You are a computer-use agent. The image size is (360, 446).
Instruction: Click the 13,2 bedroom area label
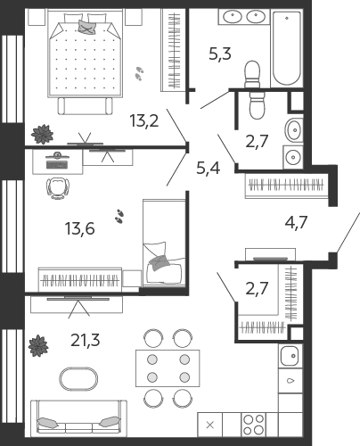click(x=144, y=121)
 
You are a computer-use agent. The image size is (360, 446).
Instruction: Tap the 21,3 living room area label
click(x=86, y=340)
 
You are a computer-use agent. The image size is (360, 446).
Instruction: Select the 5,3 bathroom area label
click(x=220, y=54)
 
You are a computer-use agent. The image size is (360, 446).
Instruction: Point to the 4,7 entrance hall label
click(x=296, y=222)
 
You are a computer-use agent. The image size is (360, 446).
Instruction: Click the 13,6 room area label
click(x=79, y=229)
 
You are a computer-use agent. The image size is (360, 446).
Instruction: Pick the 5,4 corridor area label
click(x=209, y=169)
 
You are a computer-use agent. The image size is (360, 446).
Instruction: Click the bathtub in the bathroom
click(x=287, y=48)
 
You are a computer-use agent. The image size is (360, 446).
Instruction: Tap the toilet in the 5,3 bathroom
click(x=252, y=74)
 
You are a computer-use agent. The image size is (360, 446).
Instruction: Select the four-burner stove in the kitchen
click(x=253, y=425)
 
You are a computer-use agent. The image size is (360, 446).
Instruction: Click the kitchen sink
click(x=290, y=356)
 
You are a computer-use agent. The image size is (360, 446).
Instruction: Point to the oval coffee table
click(x=78, y=379)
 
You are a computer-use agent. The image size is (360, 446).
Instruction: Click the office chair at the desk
click(x=58, y=188)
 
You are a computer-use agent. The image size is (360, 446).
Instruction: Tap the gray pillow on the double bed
click(x=87, y=27)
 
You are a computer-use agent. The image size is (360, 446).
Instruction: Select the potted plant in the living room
click(x=38, y=346)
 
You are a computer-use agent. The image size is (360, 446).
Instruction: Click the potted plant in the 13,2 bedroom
click(x=43, y=134)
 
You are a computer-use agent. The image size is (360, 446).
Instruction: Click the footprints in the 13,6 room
click(x=119, y=216)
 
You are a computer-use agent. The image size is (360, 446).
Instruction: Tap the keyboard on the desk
click(x=57, y=164)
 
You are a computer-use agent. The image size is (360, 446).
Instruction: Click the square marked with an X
click(x=209, y=425)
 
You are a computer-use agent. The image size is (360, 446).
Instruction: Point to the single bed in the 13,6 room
click(x=164, y=243)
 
